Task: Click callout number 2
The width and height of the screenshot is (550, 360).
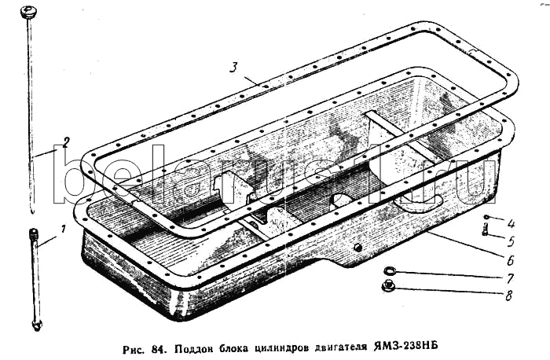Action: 67,142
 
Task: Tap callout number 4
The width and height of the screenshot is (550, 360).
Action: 510,222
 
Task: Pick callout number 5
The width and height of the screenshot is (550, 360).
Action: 510,241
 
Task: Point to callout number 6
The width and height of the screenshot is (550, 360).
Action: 510,259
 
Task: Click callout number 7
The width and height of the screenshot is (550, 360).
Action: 510,278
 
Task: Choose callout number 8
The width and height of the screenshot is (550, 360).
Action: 510,296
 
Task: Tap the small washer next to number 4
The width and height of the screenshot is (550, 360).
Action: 487,218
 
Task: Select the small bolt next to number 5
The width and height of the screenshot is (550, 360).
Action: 486,230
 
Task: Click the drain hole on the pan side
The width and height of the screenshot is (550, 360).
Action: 357,248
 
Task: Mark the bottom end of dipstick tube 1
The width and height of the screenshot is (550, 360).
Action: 36,325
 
